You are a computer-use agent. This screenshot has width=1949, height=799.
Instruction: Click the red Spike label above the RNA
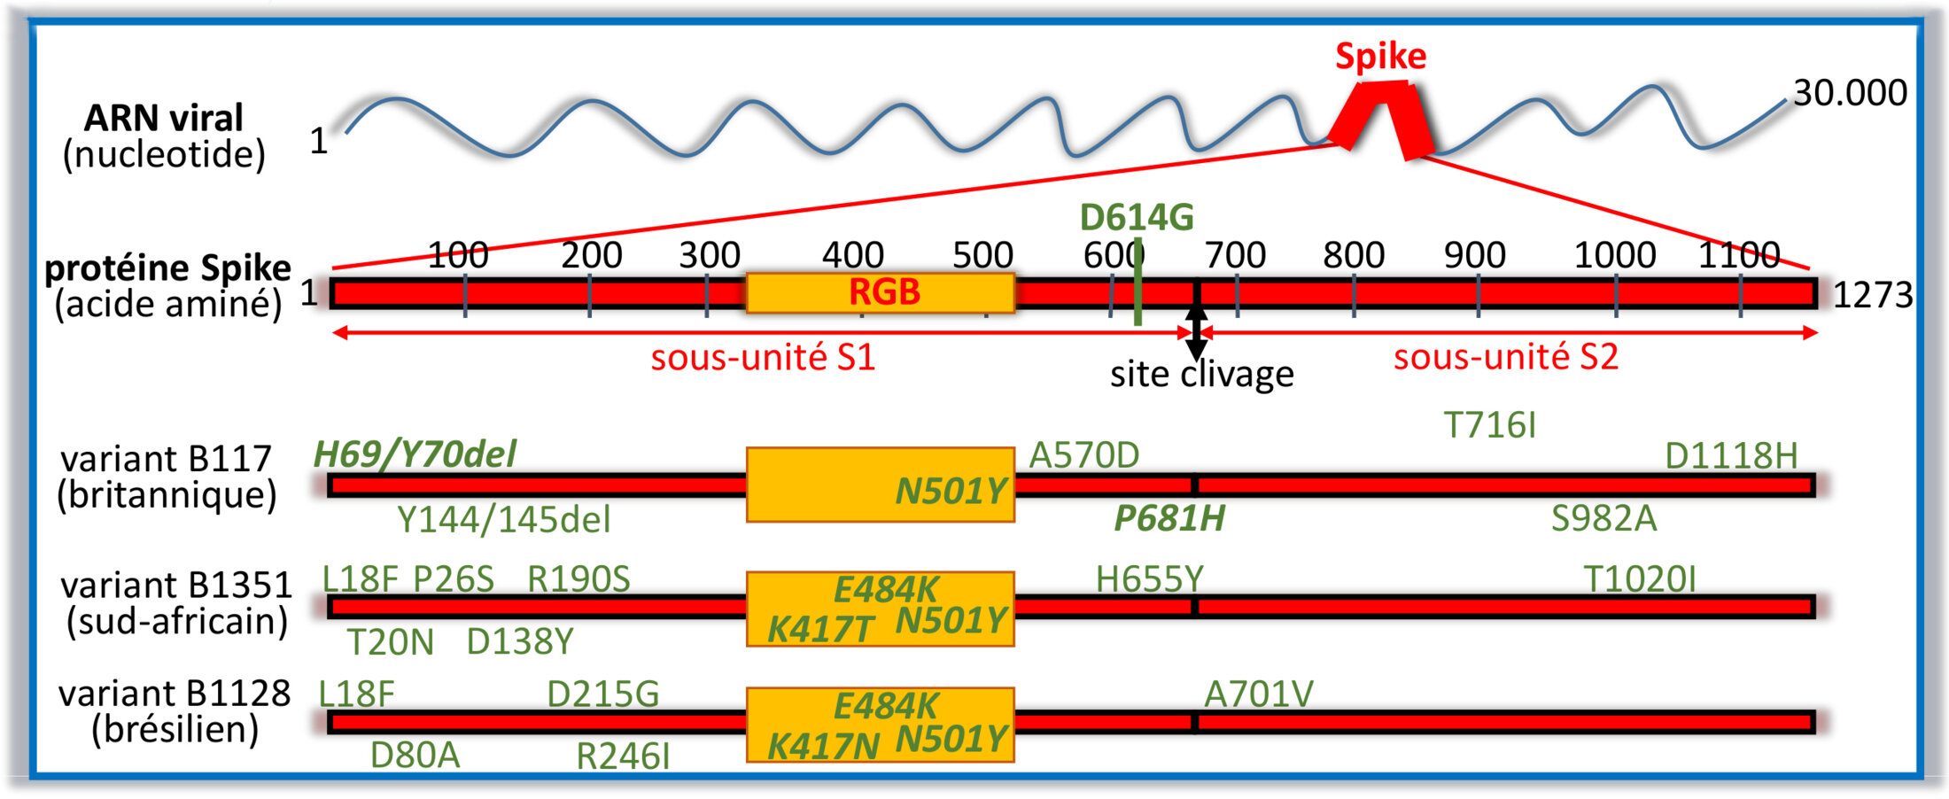(x=1380, y=57)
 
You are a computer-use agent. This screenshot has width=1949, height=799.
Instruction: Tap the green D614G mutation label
(x=1136, y=218)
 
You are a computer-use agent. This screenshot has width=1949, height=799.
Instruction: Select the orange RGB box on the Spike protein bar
(x=881, y=292)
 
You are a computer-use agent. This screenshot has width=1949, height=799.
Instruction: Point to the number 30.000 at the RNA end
(x=1850, y=93)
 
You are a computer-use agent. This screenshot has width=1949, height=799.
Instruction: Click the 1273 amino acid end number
(x=1871, y=295)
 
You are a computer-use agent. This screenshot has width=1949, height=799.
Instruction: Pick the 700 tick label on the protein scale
(x=1235, y=256)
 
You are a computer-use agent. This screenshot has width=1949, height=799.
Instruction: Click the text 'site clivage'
(x=1201, y=375)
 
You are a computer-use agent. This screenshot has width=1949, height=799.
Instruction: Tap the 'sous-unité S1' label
(x=763, y=358)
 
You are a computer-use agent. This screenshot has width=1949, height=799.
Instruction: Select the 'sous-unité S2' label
(x=1505, y=357)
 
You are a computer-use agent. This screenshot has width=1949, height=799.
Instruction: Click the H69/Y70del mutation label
(x=415, y=454)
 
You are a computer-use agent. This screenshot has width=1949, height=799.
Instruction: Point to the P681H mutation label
(x=1169, y=519)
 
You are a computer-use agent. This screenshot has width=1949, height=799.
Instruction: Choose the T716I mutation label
(x=1489, y=426)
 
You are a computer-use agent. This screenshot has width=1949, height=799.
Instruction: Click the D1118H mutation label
(x=1731, y=456)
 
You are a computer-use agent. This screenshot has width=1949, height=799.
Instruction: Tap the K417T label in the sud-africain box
(x=820, y=630)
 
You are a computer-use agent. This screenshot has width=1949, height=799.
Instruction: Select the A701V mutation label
(x=1258, y=694)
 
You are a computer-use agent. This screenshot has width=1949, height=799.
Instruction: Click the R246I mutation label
(x=623, y=756)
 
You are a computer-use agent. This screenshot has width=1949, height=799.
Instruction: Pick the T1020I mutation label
(x=1639, y=579)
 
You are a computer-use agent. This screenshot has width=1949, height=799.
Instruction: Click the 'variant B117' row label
(x=167, y=459)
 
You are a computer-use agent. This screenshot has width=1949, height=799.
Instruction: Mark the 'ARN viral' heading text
(x=164, y=118)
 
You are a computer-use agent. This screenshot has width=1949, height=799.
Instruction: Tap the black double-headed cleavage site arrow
(x=1196, y=333)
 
